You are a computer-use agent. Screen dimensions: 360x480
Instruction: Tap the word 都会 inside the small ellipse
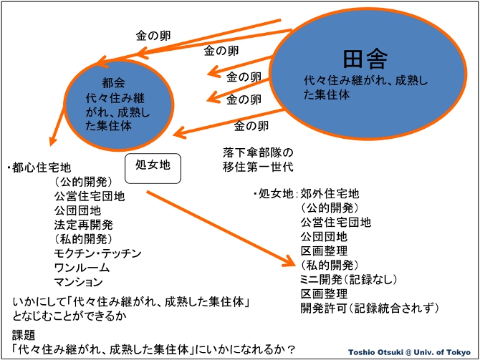click(113, 82)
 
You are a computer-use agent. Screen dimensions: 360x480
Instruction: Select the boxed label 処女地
click(153, 165)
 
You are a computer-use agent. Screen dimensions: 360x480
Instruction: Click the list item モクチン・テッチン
click(98, 253)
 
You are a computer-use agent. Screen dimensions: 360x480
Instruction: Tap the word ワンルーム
click(83, 268)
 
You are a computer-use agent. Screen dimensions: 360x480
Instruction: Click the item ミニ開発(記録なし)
click(349, 279)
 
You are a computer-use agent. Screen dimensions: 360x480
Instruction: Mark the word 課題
click(24, 335)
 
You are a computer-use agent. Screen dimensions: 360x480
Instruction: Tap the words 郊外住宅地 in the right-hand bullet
click(330, 193)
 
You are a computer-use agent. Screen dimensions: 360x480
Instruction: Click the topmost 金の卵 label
click(153, 34)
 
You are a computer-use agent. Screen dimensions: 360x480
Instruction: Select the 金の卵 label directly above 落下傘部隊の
click(251, 126)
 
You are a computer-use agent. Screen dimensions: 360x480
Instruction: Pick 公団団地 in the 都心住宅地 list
click(77, 210)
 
